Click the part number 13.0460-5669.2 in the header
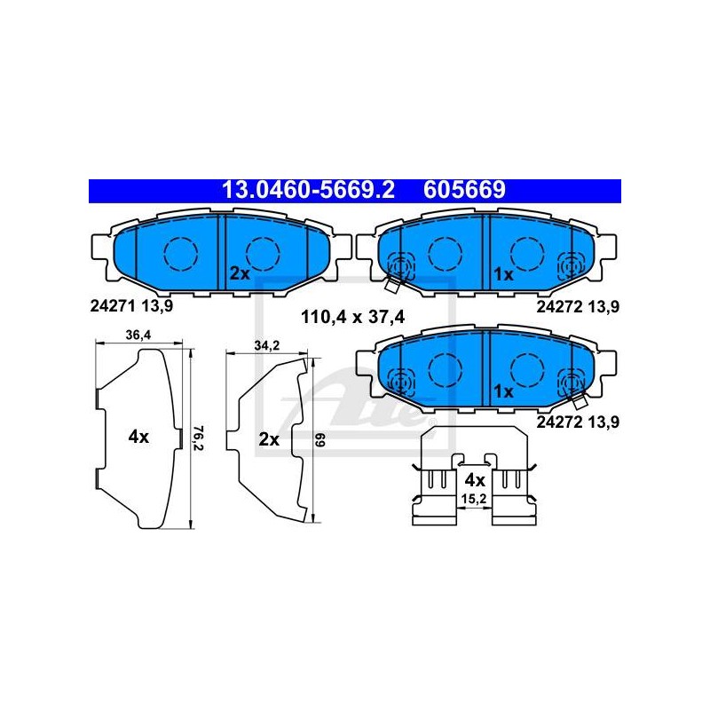(x=308, y=190)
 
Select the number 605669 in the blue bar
(x=464, y=190)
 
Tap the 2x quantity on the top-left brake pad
(x=240, y=273)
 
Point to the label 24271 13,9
(x=131, y=306)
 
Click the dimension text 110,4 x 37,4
(x=352, y=317)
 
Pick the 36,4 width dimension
(x=138, y=335)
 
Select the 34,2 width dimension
(x=267, y=345)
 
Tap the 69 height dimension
(x=320, y=440)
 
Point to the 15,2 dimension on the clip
(x=474, y=499)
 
